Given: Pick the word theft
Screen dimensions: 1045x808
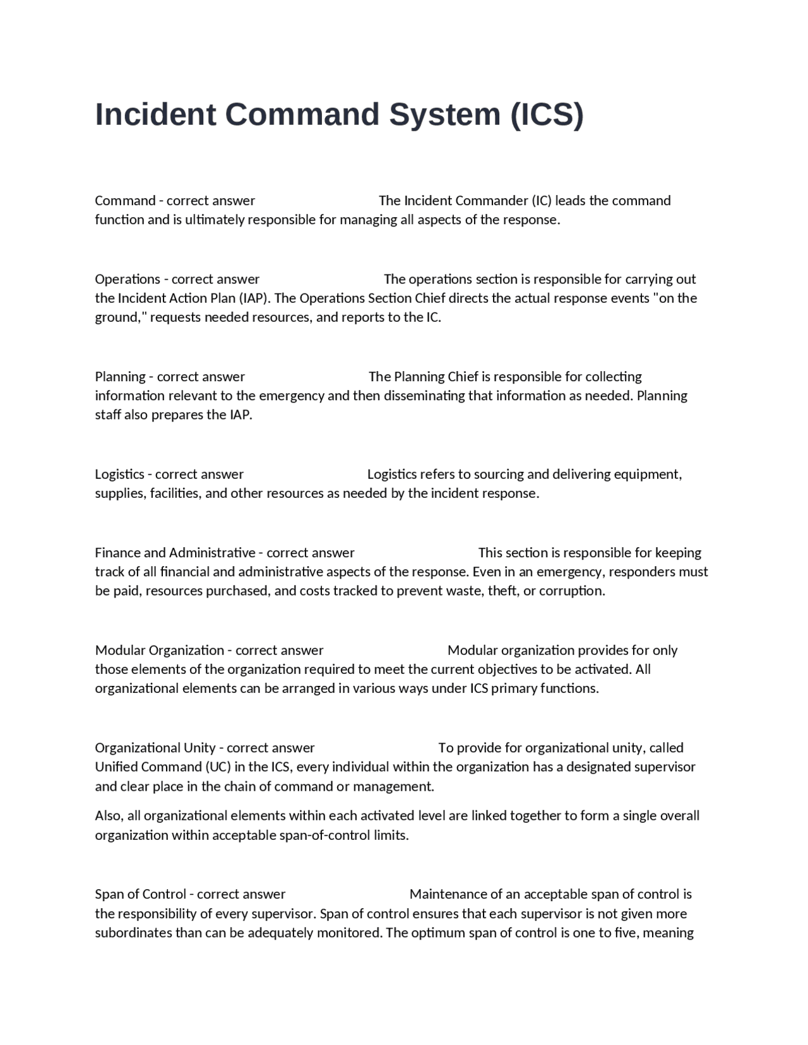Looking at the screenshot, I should click(x=503, y=591).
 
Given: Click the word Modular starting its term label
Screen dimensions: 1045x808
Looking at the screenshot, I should click(x=120, y=650).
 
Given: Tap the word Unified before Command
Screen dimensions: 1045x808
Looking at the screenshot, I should click(x=116, y=767).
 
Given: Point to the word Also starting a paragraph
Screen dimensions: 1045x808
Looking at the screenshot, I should click(x=108, y=815).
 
